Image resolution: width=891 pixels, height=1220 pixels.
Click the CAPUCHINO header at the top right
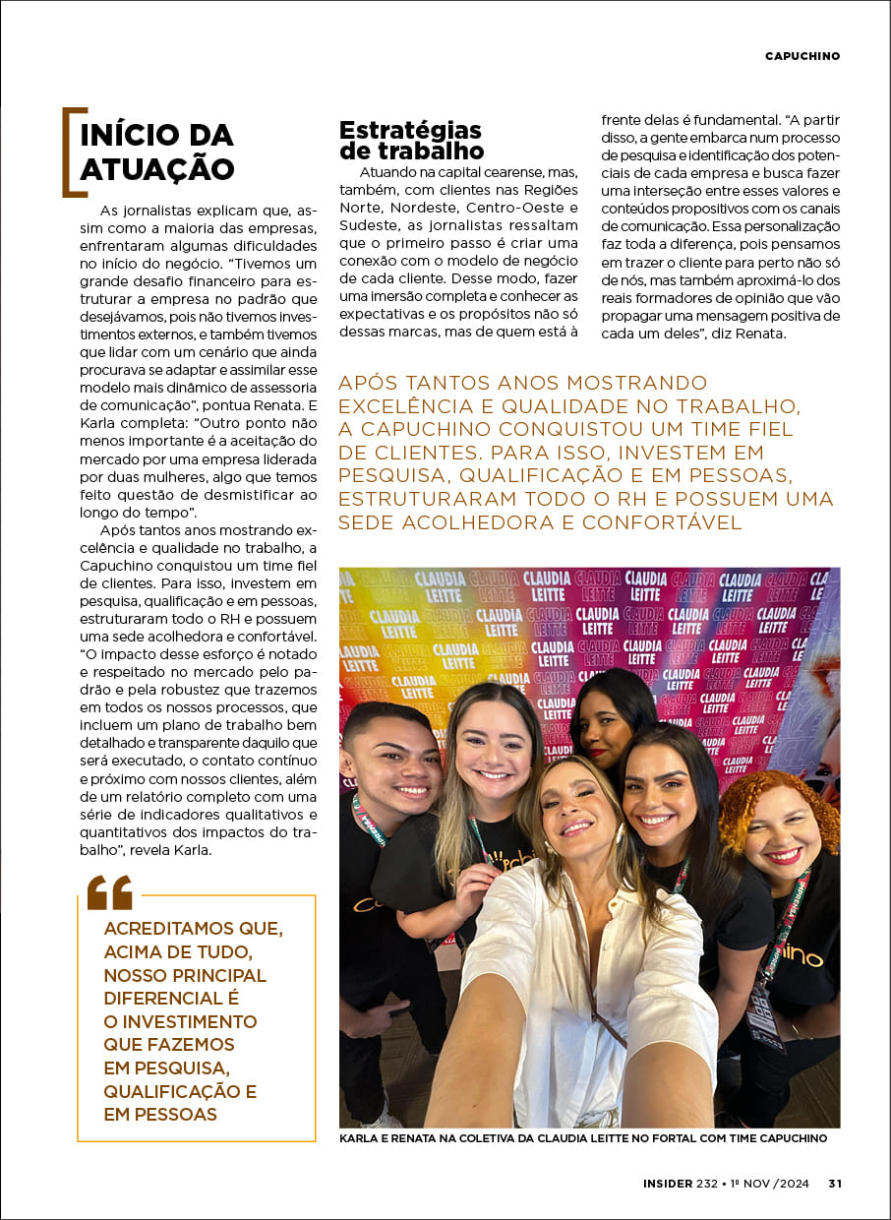802,56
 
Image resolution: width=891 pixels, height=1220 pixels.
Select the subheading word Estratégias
410,130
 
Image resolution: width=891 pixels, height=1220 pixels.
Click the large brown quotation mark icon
109,892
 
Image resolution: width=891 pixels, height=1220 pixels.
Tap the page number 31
834,1184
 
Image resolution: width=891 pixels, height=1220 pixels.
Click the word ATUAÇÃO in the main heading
157,168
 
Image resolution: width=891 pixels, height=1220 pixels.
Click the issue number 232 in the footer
707,1184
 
